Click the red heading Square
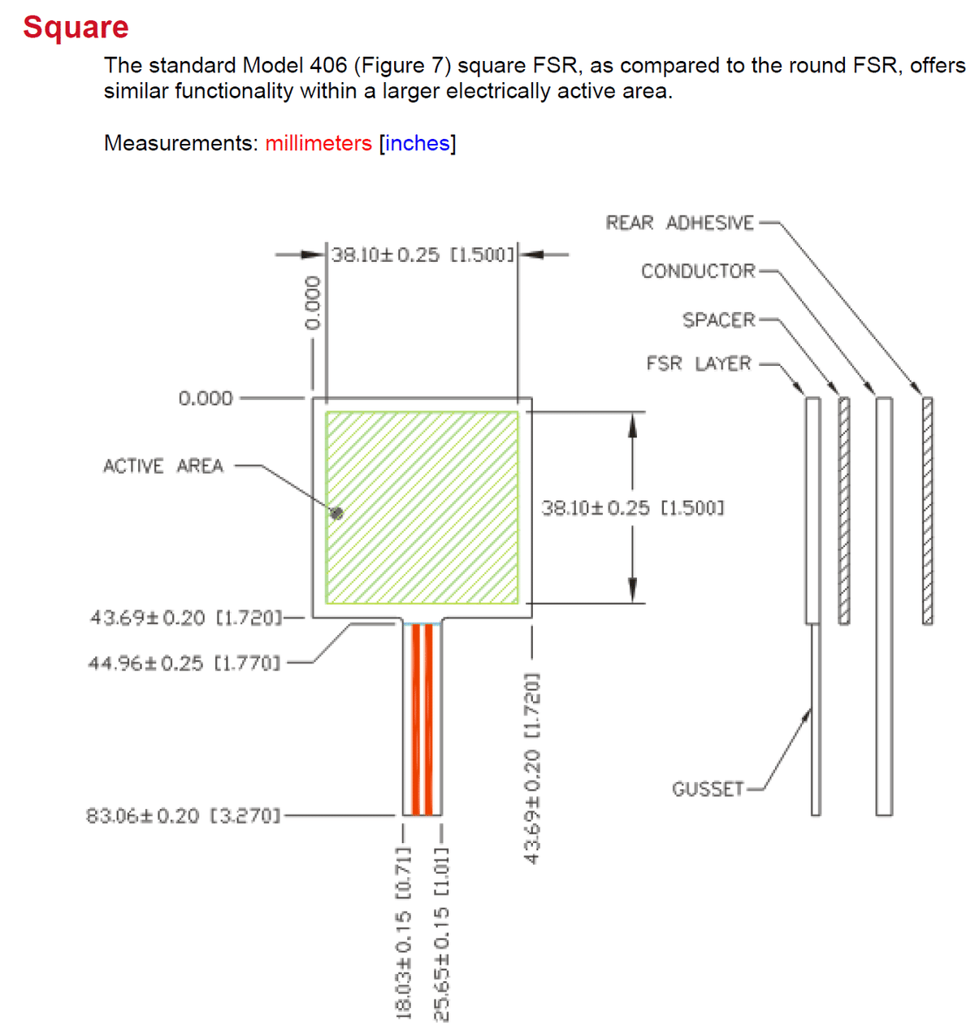pyautogui.click(x=76, y=27)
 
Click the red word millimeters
pyautogui.click(x=318, y=143)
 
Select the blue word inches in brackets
pyautogui.click(x=417, y=143)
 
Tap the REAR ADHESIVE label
pyautogui.click(x=679, y=223)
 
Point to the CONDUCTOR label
pyautogui.click(x=698, y=271)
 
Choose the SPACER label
pyautogui.click(x=718, y=319)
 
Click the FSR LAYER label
pyautogui.click(x=699, y=363)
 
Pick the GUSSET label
pyautogui.click(x=708, y=789)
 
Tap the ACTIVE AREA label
pyautogui.click(x=162, y=466)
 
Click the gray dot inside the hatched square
pyautogui.click(x=336, y=513)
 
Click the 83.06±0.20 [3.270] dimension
pyautogui.click(x=183, y=815)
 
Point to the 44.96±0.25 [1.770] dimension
pyautogui.click(x=184, y=663)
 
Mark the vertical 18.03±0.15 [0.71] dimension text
pyautogui.click(x=404, y=932)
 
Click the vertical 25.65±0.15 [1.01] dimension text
pyautogui.click(x=441, y=932)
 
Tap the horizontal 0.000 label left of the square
pyautogui.click(x=205, y=398)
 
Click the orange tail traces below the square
pyautogui.click(x=422, y=719)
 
